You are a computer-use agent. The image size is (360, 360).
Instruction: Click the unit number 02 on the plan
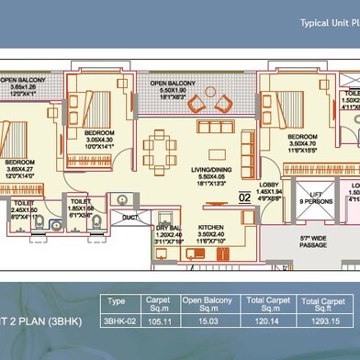coord(246,196)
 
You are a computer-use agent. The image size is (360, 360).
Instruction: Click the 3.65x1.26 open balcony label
coord(25,88)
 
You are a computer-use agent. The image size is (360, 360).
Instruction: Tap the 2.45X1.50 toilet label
coord(23,208)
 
